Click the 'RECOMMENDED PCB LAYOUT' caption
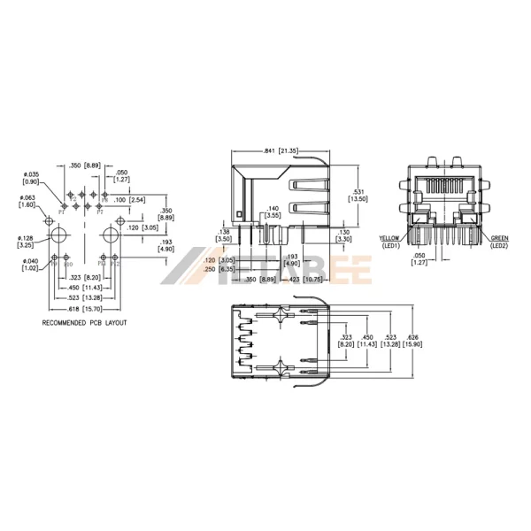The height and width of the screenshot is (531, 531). [85, 324]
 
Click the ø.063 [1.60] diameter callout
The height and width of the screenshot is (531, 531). [27, 201]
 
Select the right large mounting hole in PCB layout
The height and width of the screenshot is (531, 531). [111, 235]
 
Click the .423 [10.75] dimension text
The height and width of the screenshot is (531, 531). [303, 279]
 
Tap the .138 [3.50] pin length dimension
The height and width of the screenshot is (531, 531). [224, 235]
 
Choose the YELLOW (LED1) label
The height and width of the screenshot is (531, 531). [389, 242]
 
